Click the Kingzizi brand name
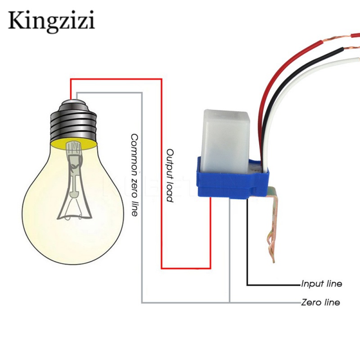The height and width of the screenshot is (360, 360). click(x=51, y=21)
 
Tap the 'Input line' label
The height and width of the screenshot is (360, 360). click(x=321, y=284)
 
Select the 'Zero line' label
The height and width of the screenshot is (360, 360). click(x=320, y=302)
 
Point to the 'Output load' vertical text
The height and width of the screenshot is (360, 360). click(x=170, y=175)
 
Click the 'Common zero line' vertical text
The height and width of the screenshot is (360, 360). click(x=135, y=175)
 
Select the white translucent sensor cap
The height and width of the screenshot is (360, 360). click(x=225, y=141)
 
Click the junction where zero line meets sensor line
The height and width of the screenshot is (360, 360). click(x=229, y=302)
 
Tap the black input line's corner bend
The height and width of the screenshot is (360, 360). click(x=247, y=285)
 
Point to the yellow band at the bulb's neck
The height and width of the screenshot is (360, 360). click(x=74, y=144)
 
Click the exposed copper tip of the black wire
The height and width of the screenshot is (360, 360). click(x=352, y=48)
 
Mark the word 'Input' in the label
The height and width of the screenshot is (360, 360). click(x=310, y=284)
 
